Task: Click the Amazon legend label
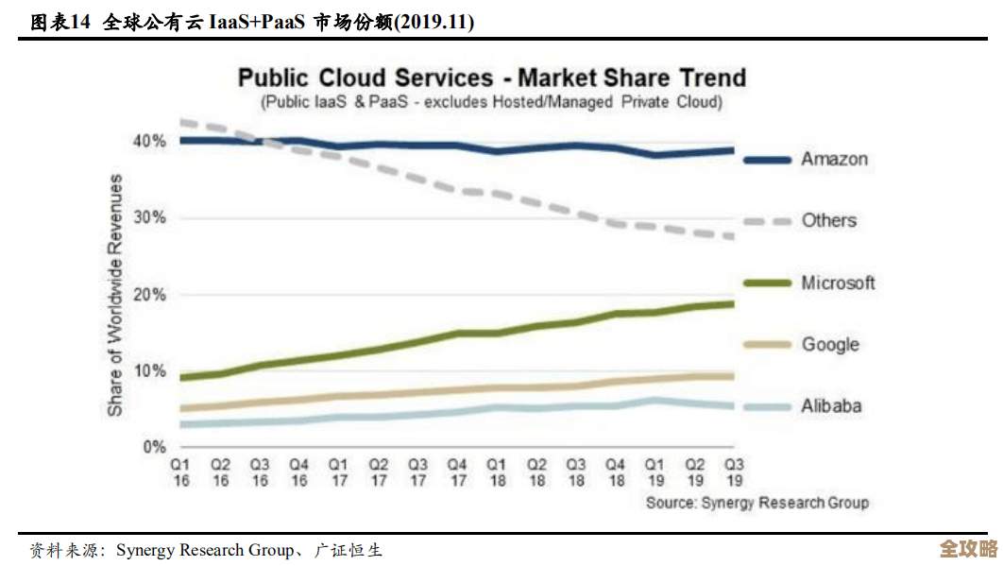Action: pyautogui.click(x=834, y=159)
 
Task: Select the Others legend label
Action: pyautogui.click(x=828, y=220)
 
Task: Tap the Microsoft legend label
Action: pyautogui.click(x=838, y=283)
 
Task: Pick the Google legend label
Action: pyautogui.click(x=830, y=344)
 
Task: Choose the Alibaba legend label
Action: pyautogui.click(x=831, y=406)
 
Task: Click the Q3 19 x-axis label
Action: pyautogui.click(x=733, y=473)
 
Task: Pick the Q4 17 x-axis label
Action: pyautogui.click(x=456, y=473)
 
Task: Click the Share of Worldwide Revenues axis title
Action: pyautogui.click(x=115, y=295)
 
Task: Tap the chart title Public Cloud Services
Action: pyautogui.click(x=491, y=77)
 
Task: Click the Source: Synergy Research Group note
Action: pyautogui.click(x=756, y=503)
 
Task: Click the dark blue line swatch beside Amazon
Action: pyautogui.click(x=766, y=160)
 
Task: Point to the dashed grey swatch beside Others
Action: pyautogui.click(x=766, y=221)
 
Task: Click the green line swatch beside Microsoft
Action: pyautogui.click(x=766, y=283)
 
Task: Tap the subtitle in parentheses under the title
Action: pyautogui.click(x=491, y=101)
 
